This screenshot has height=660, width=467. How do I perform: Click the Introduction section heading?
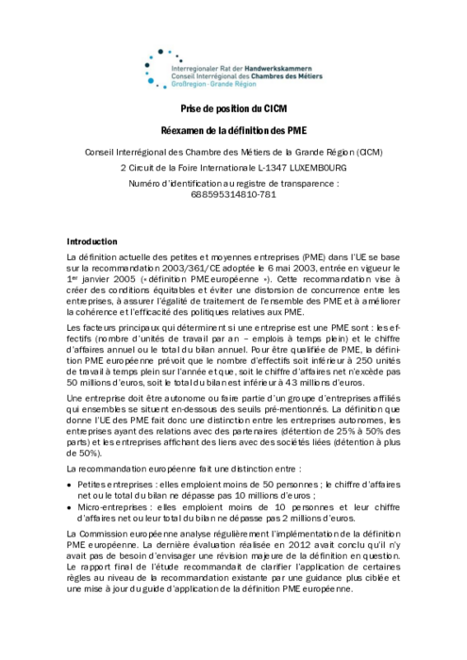92,241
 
